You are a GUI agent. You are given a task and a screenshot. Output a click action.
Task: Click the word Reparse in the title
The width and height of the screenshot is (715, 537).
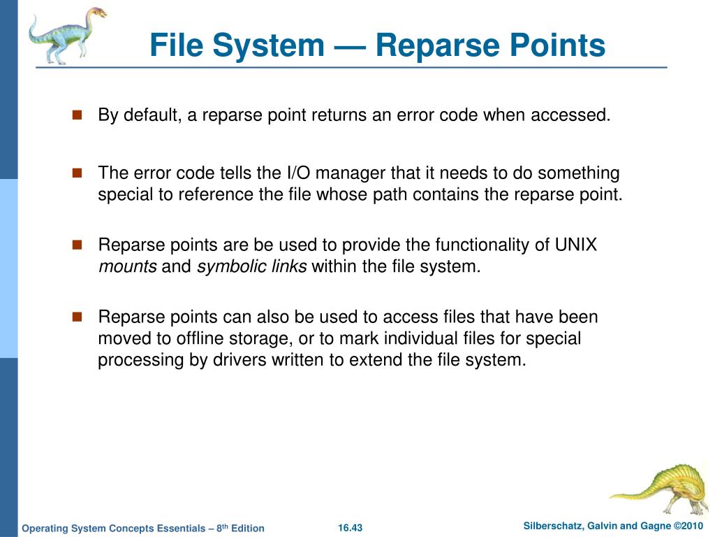(x=427, y=45)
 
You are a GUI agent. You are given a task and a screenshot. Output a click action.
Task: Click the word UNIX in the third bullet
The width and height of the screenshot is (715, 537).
(x=576, y=245)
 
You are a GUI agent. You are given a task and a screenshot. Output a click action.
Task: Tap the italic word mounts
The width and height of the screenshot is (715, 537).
(x=127, y=267)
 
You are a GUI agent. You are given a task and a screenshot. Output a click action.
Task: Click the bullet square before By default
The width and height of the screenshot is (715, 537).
(x=78, y=115)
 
